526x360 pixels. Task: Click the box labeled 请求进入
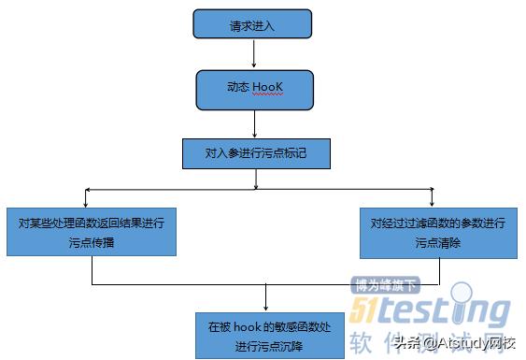pos(252,24)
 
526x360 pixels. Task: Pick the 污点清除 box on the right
pos(437,232)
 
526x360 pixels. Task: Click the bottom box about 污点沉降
pos(269,336)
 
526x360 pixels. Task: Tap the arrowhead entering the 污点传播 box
pos(86,204)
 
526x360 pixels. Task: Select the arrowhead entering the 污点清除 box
pos(432,204)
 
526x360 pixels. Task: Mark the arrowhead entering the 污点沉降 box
pos(268,308)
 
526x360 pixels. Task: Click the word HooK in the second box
pos(268,89)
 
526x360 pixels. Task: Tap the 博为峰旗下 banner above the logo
pos(386,284)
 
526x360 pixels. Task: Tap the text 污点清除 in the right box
pos(437,242)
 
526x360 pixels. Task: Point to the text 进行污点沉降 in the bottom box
pos(269,346)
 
